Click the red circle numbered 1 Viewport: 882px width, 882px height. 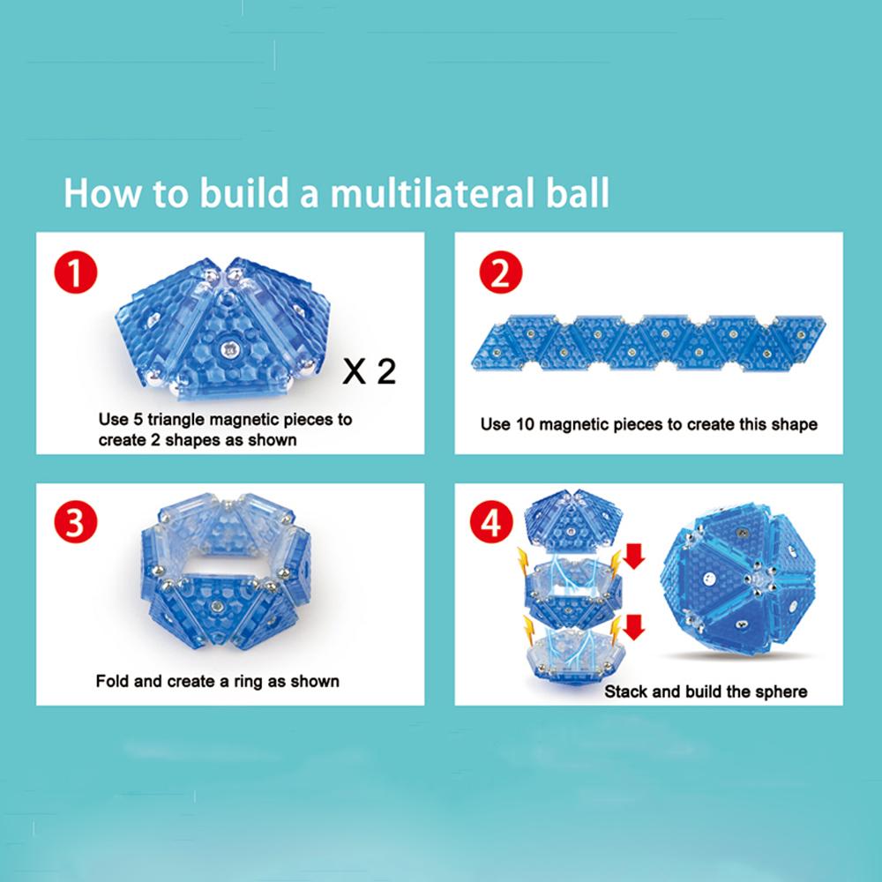(75, 273)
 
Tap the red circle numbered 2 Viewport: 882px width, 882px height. (501, 273)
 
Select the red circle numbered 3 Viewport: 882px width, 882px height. (75, 521)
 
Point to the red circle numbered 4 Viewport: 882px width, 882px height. (491, 522)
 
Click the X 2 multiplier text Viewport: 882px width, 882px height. (370, 371)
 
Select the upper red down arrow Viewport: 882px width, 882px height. (634, 556)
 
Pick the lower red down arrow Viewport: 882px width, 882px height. (634, 627)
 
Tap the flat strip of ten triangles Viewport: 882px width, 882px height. (648, 342)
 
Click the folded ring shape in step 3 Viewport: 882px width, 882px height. (226, 570)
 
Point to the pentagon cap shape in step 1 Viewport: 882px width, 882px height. (222, 328)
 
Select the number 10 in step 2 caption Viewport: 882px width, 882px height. (524, 424)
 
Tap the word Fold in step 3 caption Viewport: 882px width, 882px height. (113, 681)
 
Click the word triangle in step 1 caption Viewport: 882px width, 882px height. (176, 420)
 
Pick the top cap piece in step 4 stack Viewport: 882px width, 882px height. (573, 520)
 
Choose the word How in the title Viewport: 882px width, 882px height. (101, 193)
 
